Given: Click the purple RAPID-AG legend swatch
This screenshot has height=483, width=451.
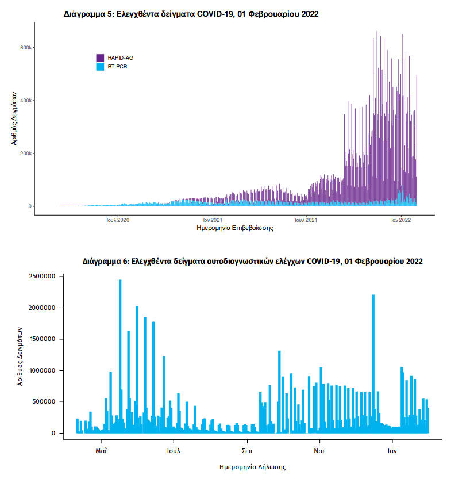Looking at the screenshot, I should click(x=100, y=57).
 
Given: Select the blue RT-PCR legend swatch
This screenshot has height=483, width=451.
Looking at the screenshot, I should click(x=100, y=67).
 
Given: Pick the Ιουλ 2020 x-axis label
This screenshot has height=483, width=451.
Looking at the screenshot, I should click(x=118, y=220).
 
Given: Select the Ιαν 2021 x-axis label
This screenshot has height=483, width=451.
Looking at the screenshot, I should click(x=213, y=220).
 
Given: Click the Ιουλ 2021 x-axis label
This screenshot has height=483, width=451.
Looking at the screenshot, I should click(x=307, y=220).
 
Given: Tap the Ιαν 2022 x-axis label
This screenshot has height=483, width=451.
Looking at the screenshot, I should click(x=401, y=220).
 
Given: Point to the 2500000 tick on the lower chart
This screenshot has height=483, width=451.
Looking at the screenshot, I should click(x=41, y=277).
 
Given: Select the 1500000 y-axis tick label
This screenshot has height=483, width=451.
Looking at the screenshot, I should click(x=41, y=339).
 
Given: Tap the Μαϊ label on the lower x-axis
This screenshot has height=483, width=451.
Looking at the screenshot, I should click(x=102, y=451).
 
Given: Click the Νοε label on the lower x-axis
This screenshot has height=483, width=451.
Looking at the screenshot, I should click(x=320, y=451).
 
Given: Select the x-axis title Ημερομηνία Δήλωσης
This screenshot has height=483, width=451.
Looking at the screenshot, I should click(x=253, y=467).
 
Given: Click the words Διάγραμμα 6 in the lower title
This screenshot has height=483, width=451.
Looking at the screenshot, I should click(x=106, y=261).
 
